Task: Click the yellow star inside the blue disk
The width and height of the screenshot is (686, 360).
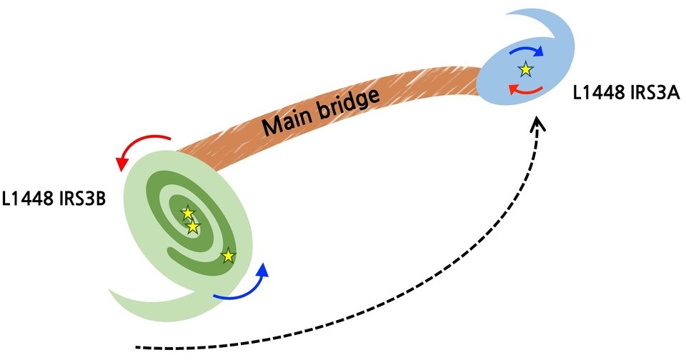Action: click(x=525, y=69)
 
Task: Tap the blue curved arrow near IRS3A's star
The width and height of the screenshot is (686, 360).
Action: click(x=525, y=51)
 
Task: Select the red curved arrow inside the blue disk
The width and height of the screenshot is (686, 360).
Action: click(x=524, y=89)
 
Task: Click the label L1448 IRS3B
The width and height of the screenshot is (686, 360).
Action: click(x=54, y=198)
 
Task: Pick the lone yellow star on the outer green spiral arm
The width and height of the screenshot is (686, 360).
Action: click(x=227, y=255)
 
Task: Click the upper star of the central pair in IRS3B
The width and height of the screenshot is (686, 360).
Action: click(x=187, y=212)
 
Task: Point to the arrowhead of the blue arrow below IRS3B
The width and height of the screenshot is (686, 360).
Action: click(x=263, y=270)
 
